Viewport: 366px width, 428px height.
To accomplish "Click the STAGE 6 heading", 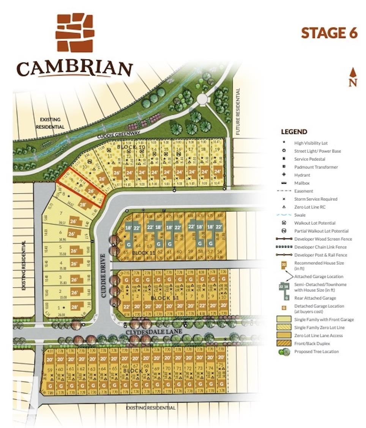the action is (329, 33).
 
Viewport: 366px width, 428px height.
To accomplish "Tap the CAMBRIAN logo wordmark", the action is (74, 69).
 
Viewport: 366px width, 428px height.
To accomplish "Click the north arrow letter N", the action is (353, 83).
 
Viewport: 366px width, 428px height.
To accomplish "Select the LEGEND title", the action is (294, 132).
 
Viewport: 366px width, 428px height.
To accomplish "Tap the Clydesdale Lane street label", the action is (150, 332).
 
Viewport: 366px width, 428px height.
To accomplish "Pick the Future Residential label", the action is (238, 112).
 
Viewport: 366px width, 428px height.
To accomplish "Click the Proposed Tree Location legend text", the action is (316, 352).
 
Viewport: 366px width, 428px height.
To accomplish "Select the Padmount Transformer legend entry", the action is (316, 167).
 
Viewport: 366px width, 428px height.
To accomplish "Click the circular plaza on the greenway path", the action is (203, 99).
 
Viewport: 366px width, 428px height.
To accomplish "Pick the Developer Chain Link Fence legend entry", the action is (320, 247).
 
